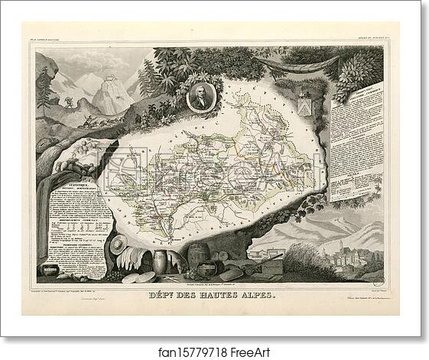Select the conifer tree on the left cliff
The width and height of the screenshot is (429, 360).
point(47,88)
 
